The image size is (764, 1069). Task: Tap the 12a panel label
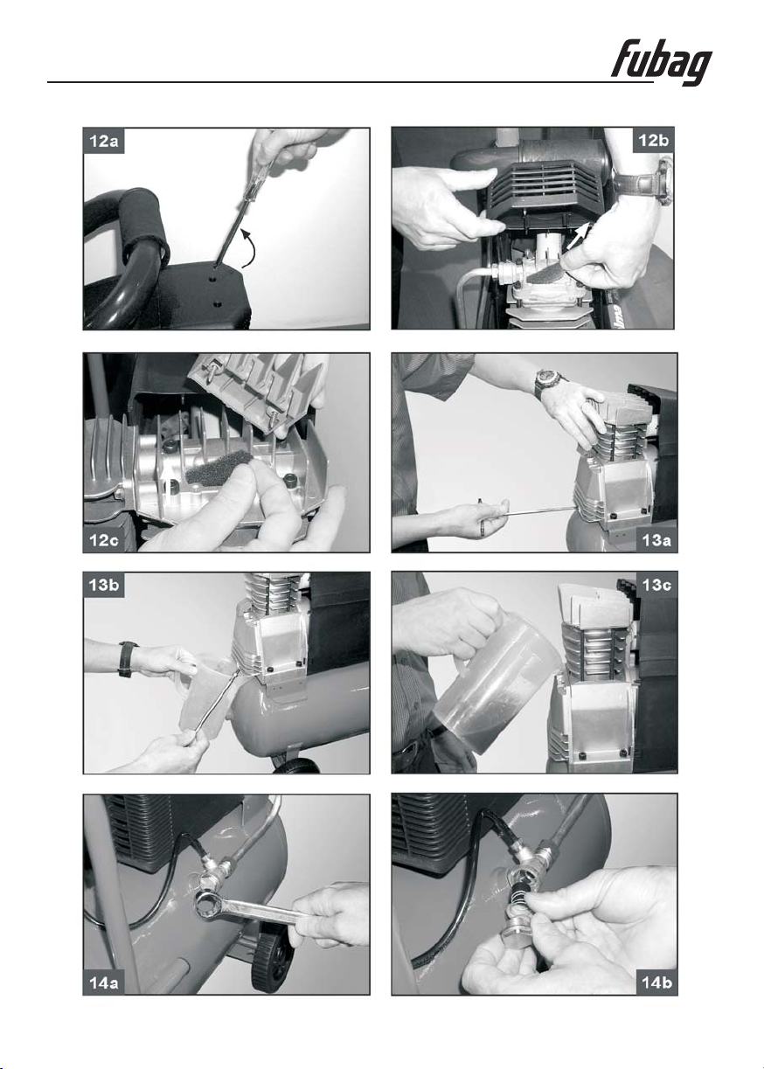(103, 141)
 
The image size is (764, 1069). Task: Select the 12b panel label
(653, 140)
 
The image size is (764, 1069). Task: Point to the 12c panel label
(104, 539)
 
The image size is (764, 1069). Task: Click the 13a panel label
(656, 540)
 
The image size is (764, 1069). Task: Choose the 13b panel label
(103, 585)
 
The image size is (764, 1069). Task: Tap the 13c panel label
(656, 585)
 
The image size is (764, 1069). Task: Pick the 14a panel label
(103, 982)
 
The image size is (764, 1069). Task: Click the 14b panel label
(656, 982)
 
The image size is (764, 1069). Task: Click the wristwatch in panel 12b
(663, 180)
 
